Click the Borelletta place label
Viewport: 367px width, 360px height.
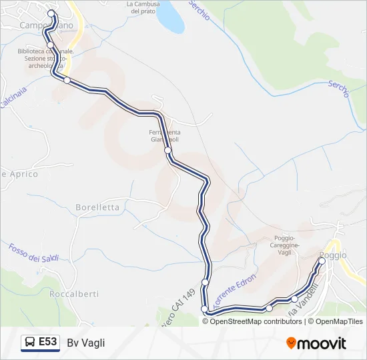(x=97, y=207)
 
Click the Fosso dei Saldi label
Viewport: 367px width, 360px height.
(x=33, y=253)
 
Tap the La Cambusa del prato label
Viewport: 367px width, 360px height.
(x=143, y=7)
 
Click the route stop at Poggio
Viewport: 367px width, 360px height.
(x=322, y=261)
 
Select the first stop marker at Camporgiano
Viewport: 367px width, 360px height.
(x=51, y=13)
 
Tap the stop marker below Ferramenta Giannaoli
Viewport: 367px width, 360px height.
(x=168, y=151)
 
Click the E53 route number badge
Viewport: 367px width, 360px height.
(x=47, y=342)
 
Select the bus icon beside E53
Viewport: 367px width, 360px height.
(x=30, y=343)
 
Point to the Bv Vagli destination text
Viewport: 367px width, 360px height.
(x=86, y=343)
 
